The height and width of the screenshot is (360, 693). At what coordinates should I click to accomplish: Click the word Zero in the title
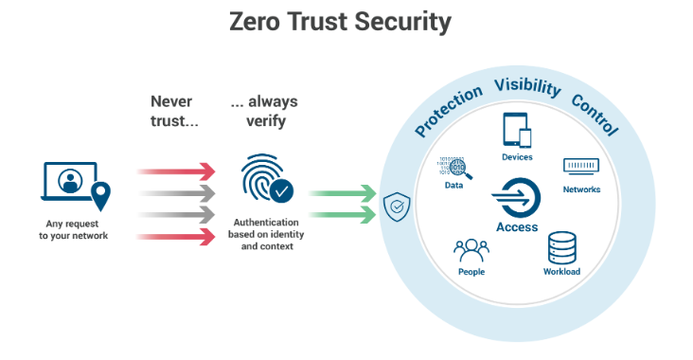(x=255, y=21)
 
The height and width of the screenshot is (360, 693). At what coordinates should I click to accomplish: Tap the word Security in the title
(x=402, y=22)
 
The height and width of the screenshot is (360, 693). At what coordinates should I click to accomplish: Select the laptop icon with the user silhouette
(x=69, y=181)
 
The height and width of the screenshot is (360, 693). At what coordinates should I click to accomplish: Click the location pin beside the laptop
(x=100, y=196)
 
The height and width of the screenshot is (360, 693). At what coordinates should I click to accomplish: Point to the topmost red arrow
(x=176, y=171)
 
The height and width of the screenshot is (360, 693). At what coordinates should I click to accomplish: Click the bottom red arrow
(x=176, y=237)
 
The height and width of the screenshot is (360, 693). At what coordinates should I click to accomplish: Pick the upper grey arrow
(x=176, y=193)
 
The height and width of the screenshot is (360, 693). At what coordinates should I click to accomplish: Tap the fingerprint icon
(x=262, y=176)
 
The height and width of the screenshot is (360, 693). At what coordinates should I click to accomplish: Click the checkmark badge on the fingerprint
(x=281, y=190)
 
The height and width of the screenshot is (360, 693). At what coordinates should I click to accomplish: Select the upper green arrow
(x=342, y=193)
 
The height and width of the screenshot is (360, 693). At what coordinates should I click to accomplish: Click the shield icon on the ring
(x=397, y=207)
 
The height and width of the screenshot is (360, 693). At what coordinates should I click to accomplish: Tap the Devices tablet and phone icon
(x=517, y=130)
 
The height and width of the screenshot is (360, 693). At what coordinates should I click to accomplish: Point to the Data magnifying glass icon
(x=454, y=168)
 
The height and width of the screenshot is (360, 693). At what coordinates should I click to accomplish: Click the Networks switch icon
(x=581, y=167)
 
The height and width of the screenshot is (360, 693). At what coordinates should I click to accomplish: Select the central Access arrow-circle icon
(x=516, y=198)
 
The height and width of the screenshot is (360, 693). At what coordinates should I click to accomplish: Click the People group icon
(x=471, y=251)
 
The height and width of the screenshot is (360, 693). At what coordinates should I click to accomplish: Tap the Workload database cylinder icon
(x=561, y=248)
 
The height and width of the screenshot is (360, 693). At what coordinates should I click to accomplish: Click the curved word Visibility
(x=527, y=86)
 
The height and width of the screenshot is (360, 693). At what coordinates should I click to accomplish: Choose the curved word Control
(x=595, y=115)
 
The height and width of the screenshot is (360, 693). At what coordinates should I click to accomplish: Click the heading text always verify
(x=265, y=111)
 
